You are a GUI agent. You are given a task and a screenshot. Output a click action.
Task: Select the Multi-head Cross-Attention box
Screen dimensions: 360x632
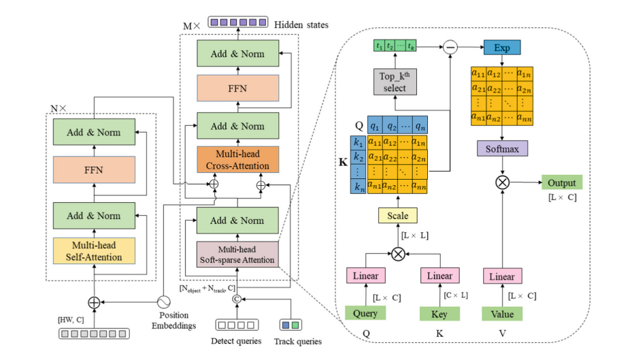tap(238, 159)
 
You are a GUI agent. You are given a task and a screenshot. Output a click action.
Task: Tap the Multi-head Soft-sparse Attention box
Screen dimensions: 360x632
tap(238, 255)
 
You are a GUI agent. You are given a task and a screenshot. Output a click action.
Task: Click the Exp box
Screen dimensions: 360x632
tap(502, 48)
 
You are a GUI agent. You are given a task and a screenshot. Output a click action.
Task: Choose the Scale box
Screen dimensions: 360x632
tap(398, 216)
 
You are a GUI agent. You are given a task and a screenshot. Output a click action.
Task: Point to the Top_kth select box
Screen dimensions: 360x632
tap(395, 82)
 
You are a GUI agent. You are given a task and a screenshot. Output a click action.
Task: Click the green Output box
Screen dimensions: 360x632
tap(562, 182)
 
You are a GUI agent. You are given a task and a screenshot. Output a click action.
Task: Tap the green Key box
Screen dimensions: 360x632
tap(439, 314)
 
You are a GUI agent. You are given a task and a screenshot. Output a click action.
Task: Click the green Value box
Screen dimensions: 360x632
tap(502, 314)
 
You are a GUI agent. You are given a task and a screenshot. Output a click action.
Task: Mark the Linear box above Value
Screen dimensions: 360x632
tap(502, 276)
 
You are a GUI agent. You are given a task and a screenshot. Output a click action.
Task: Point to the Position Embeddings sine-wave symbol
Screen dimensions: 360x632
tap(163, 301)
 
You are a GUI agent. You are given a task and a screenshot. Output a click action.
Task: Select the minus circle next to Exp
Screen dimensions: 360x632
tap(450, 47)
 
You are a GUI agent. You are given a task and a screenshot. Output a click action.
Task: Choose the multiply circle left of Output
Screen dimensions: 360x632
tap(502, 182)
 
